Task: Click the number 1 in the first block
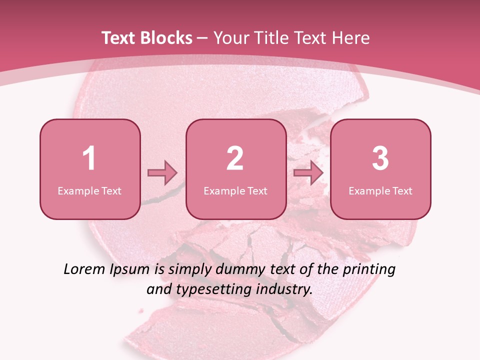click(89, 158)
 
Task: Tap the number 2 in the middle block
click(235, 158)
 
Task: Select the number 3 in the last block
click(380, 158)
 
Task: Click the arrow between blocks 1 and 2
click(162, 173)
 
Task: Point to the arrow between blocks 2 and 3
click(308, 173)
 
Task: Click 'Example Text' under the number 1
click(89, 191)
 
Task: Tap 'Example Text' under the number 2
click(235, 191)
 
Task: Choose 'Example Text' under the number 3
click(380, 191)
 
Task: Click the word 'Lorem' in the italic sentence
click(84, 269)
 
